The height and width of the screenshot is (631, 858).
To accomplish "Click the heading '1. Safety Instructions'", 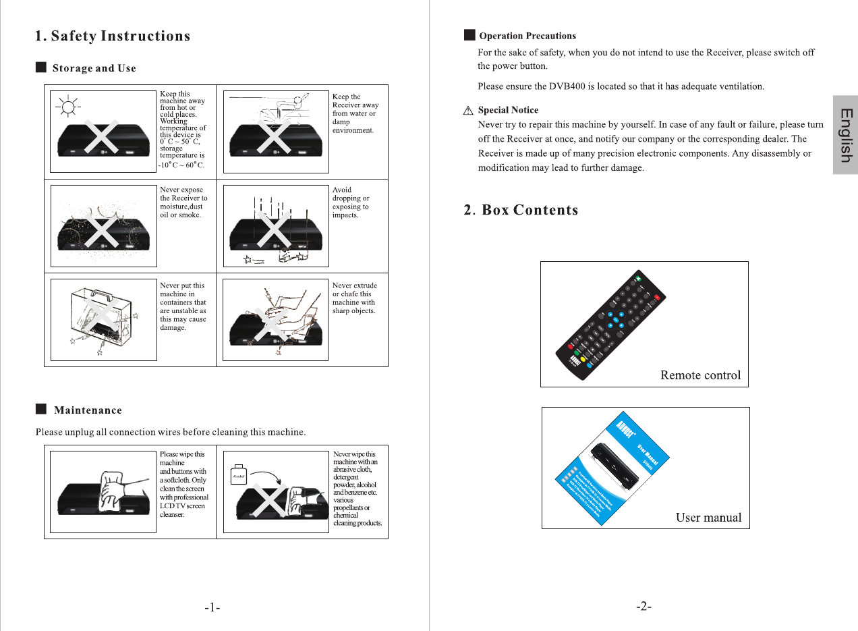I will [113, 36].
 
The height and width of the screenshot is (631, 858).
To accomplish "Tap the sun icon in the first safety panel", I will [67, 107].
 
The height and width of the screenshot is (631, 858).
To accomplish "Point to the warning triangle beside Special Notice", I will [468, 111].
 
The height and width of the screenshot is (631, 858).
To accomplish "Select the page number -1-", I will [212, 607].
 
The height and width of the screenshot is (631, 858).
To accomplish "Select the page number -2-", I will [643, 607].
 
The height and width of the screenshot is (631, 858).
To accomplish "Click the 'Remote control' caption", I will [700, 375].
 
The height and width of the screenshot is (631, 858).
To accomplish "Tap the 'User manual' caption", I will [708, 518].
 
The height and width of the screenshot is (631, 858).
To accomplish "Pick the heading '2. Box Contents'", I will [521, 210].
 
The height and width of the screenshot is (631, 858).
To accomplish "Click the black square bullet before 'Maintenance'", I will [41, 409].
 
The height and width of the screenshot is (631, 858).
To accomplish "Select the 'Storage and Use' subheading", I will [94, 68].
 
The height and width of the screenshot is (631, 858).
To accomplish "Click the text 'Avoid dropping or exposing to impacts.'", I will [351, 202].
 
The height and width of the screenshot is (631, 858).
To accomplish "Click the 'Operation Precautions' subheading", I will [527, 36].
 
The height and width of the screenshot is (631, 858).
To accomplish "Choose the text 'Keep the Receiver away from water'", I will [355, 109].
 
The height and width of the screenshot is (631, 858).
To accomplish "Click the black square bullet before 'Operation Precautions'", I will [469, 35].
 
